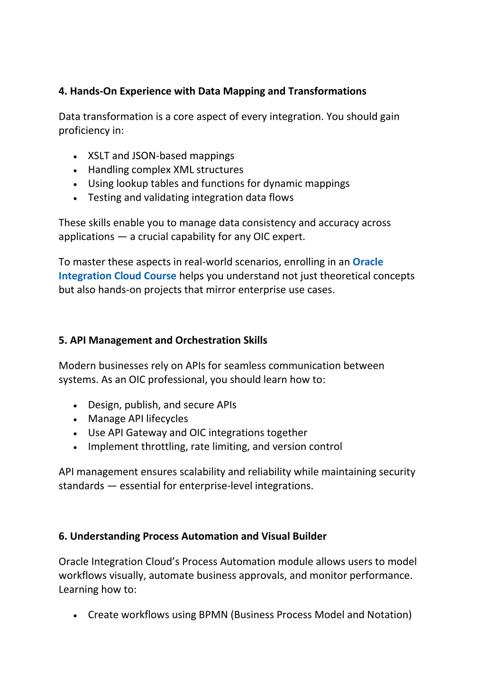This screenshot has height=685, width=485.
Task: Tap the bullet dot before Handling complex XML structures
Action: point(75,170)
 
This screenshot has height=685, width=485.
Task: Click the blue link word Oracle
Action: point(368,262)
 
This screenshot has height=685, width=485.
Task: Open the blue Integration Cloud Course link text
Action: point(117,276)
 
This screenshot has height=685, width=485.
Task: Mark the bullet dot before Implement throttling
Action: point(75,447)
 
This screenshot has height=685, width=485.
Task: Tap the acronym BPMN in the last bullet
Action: point(213,615)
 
